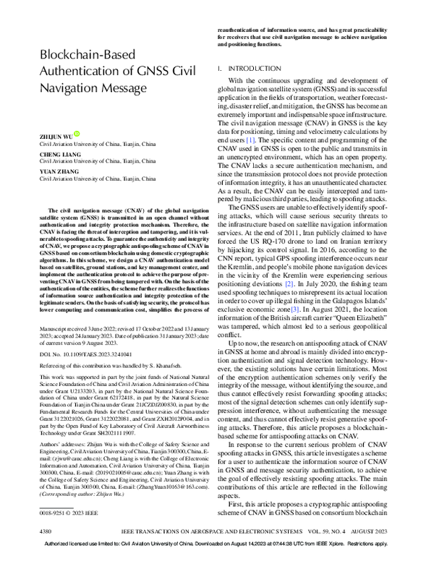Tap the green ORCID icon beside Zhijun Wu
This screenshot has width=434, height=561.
(x=77, y=134)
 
